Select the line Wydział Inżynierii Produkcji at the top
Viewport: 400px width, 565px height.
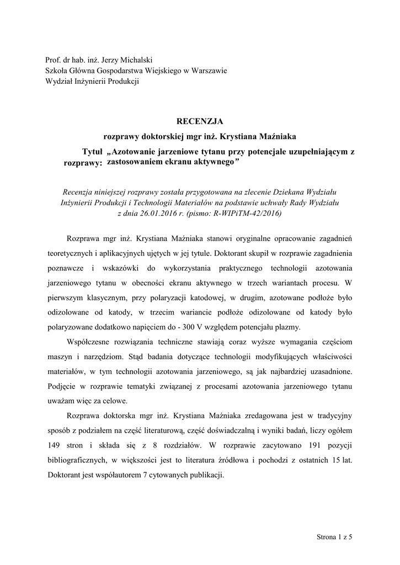point(92,82)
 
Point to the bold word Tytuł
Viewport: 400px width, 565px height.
point(93,151)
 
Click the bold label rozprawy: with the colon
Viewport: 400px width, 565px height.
point(83,163)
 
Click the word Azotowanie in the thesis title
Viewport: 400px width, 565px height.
point(136,151)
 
